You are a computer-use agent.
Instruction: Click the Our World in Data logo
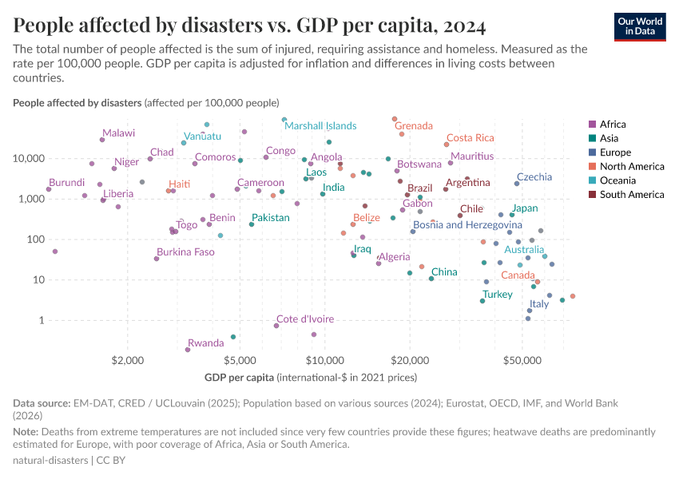tap(640, 26)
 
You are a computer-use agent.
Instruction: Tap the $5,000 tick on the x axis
tap(240, 361)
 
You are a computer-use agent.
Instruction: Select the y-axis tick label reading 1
tap(40, 320)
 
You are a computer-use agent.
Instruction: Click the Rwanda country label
tap(205, 343)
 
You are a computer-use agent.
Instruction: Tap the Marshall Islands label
tap(320, 126)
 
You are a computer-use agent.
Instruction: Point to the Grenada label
tap(414, 126)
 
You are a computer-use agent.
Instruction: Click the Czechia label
tap(534, 177)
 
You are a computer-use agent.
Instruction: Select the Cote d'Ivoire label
tap(305, 319)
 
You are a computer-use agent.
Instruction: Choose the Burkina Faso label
tap(185, 252)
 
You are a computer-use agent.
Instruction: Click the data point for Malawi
tap(102, 140)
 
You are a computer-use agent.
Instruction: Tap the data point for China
tap(431, 279)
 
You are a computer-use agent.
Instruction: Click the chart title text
tap(249, 26)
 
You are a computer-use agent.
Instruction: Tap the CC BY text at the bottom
tap(112, 461)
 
